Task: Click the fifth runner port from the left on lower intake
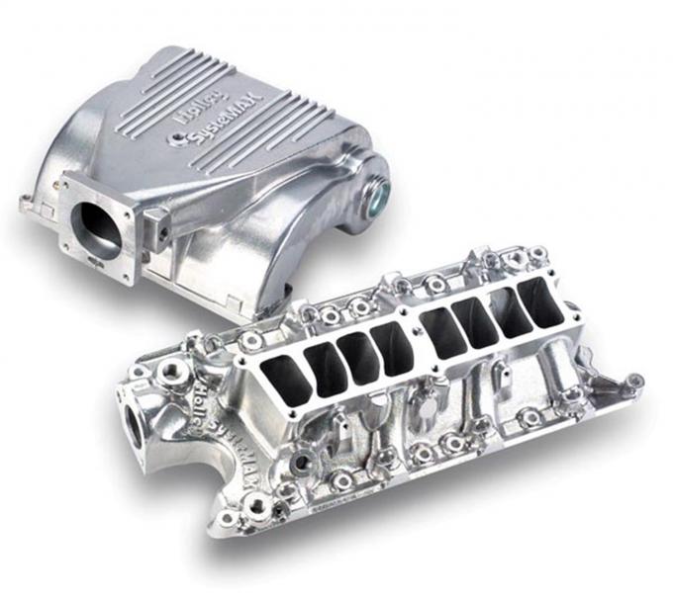443,332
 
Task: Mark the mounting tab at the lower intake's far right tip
634,381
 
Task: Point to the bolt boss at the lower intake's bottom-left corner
229,518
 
